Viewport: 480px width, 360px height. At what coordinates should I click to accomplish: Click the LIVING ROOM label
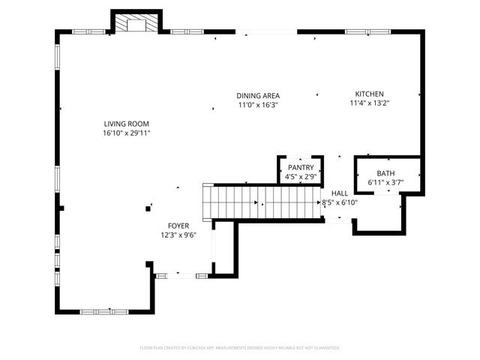coord(127,124)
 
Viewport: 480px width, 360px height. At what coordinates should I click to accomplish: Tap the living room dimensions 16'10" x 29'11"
coord(127,133)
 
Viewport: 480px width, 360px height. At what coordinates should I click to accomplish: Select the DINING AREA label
coord(258,96)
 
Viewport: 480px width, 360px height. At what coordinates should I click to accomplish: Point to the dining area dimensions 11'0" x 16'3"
coord(258,105)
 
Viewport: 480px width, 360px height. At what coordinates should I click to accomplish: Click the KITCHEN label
coord(370,94)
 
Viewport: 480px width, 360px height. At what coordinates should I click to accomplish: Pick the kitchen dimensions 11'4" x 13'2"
coord(370,103)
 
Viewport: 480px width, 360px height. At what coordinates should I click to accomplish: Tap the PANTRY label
coord(301,168)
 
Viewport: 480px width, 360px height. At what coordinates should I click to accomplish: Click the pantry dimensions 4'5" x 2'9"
coord(301,177)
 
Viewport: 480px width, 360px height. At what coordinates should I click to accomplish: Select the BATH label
coord(385,173)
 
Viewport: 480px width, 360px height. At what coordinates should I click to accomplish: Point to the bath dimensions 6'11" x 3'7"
coord(385,182)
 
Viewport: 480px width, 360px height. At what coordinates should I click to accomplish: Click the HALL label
coord(340,193)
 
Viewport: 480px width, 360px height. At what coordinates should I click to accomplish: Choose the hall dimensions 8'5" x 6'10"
coord(340,202)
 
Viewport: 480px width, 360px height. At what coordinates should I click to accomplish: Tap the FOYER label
coord(178,226)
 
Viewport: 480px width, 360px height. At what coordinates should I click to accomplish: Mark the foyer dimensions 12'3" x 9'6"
coord(178,235)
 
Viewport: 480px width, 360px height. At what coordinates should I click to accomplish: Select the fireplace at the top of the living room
coord(136,24)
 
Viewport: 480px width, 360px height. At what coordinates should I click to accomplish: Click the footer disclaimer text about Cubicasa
coord(240,348)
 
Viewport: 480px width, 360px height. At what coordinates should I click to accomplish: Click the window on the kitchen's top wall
coord(357,31)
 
